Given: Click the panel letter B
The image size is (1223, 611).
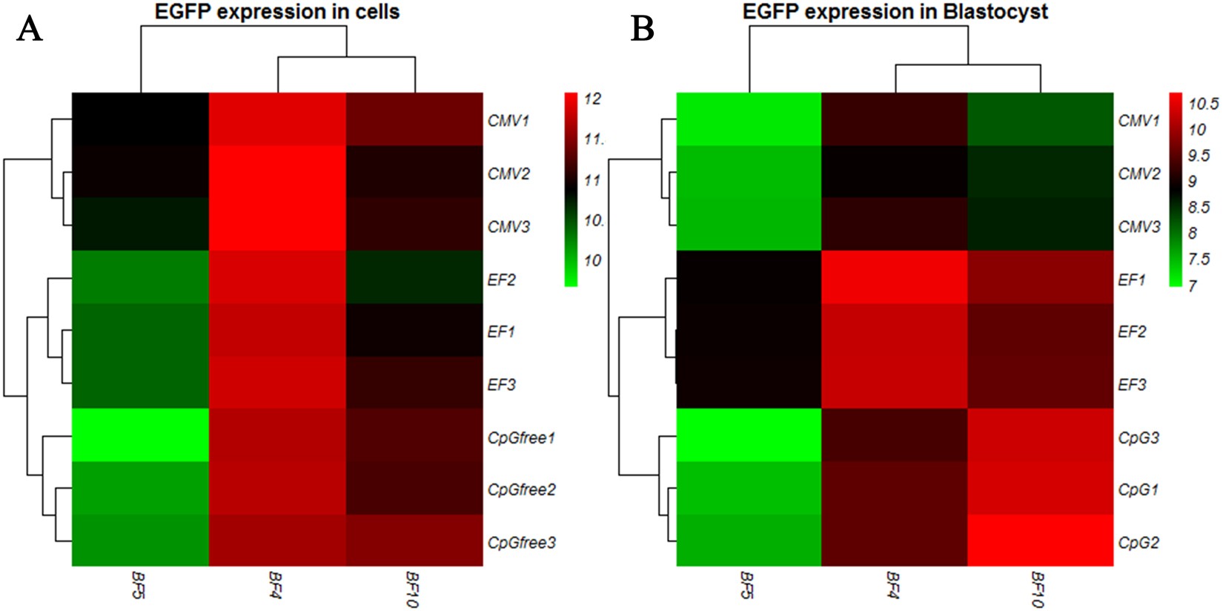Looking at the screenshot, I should pos(643,30).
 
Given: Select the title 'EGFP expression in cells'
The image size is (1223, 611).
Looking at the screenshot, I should pos(277,12).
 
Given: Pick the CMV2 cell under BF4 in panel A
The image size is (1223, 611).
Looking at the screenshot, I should pos(277,172).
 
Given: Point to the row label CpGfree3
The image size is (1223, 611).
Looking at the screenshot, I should pos(522,543).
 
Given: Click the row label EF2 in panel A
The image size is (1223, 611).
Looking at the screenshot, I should pos(501,280).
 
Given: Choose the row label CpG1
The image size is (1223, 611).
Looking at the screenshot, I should pos(1139,490).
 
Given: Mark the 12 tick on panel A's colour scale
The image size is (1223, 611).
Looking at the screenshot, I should pos(592,99).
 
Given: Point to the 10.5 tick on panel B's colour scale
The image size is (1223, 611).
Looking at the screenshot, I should pos(1203,104).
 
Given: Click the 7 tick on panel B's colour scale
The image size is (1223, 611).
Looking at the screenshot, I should pos(1193,285).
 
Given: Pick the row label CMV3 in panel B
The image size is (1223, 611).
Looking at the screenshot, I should pos(1139,227).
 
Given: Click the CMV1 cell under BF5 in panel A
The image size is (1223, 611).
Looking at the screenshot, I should pos(140,119).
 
